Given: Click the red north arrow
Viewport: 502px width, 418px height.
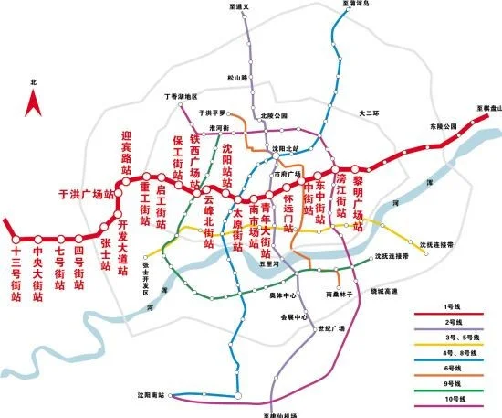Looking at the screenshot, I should [34, 102].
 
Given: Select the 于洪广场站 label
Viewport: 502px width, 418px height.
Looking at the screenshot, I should [85, 194].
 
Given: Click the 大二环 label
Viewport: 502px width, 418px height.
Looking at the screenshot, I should [368, 114].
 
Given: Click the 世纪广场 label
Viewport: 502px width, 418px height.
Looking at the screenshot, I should [329, 327].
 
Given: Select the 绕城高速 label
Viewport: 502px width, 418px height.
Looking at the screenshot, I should [384, 292].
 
